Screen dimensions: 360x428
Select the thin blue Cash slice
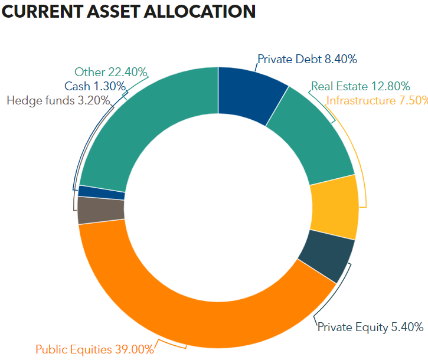point(102,192)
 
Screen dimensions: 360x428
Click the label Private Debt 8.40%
point(307,59)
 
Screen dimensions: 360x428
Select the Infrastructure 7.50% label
point(377,100)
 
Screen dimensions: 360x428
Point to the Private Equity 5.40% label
point(370,327)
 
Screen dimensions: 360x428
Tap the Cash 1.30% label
point(95,86)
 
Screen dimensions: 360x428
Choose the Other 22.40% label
point(110,72)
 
